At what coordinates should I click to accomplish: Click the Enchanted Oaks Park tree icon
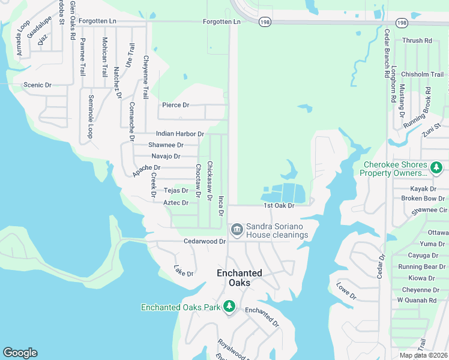pos(229,307)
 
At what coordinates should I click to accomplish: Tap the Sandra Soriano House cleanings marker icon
pos(237,230)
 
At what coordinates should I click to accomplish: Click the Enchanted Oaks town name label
pos(239,278)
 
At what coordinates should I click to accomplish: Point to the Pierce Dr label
pos(175,105)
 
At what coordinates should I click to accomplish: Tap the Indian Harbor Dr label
pos(180,134)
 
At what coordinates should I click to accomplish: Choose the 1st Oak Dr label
pos(279,205)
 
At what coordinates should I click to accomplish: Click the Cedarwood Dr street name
pos(205,241)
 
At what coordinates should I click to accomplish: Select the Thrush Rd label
pos(417,41)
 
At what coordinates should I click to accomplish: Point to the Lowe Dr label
pos(346,291)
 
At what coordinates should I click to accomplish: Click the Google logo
pos(20,353)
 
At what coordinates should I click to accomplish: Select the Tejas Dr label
pos(176,190)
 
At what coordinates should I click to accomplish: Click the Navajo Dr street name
pos(166,156)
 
